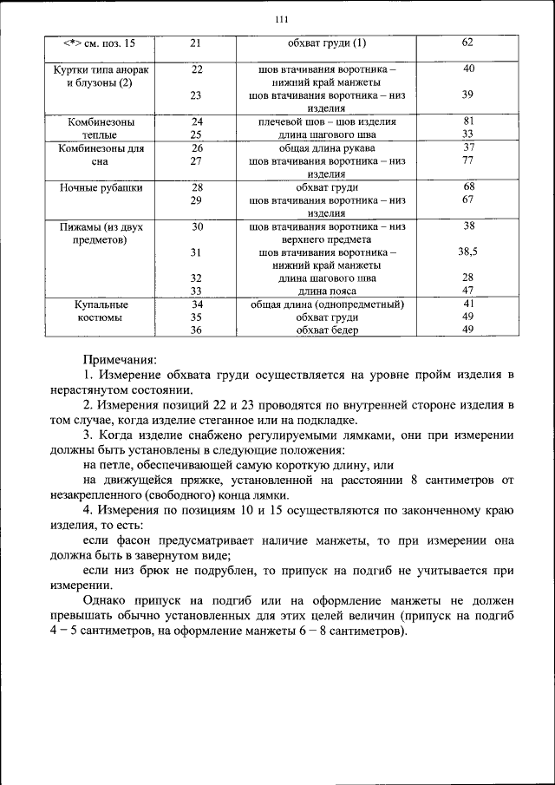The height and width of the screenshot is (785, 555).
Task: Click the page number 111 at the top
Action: point(280,21)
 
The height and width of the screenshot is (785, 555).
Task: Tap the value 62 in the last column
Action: point(467,43)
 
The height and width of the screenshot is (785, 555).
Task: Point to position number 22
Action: point(197,69)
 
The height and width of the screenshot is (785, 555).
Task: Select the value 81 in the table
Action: point(467,122)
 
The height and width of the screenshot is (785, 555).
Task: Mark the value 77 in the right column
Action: point(467,160)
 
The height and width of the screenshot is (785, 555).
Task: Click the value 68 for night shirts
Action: point(467,187)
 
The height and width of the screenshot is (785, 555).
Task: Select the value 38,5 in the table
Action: point(467,252)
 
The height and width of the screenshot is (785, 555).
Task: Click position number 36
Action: point(197,330)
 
